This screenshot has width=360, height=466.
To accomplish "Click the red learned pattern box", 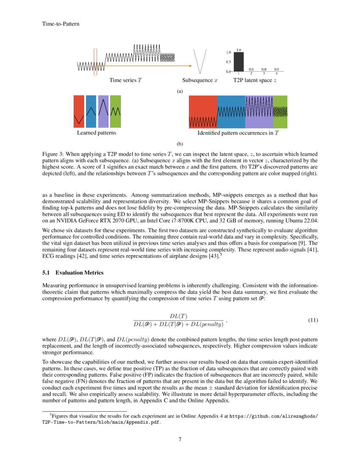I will (x=79, y=111).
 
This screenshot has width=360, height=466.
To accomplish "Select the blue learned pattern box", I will (x=91, y=111).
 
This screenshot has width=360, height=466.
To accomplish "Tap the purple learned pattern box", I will (x=103, y=111).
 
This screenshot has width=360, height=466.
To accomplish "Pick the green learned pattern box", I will (x=115, y=111).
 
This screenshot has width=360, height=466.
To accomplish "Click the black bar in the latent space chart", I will (x=239, y=62).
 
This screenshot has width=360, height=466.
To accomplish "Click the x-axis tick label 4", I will (x=276, y=74).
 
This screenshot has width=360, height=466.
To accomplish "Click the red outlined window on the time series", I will (x=95, y=62).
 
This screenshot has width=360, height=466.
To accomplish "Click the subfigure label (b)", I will (x=180, y=144).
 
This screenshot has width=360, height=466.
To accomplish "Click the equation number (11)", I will (x=312, y=320).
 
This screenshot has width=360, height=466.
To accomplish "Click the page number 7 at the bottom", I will (x=180, y=439).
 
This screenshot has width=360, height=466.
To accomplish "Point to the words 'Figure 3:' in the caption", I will (x=53, y=153).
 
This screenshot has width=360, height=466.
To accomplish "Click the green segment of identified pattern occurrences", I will (x=280, y=111).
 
